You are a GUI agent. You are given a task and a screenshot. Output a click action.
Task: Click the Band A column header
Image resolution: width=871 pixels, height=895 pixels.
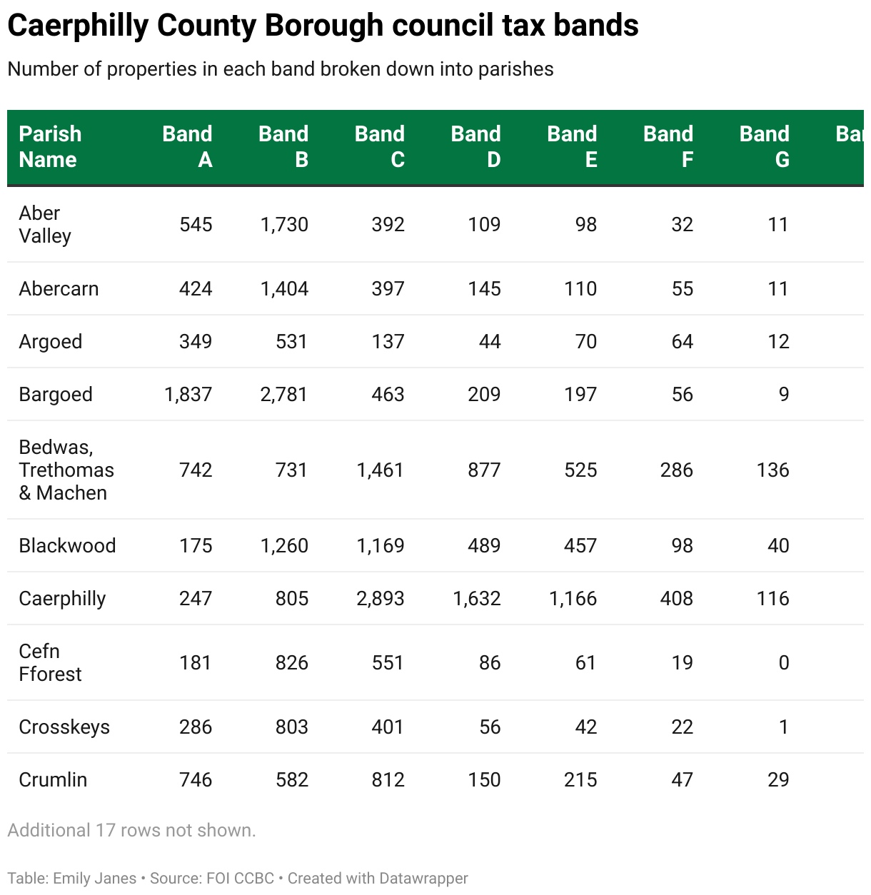tap(187, 146)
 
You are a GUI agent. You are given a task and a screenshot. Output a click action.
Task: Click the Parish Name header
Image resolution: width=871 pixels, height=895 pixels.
tap(50, 146)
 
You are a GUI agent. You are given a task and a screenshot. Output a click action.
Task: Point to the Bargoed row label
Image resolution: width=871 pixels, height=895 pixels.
tap(56, 395)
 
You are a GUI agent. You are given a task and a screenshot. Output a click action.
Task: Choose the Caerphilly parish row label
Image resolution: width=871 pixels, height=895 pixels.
tap(62, 599)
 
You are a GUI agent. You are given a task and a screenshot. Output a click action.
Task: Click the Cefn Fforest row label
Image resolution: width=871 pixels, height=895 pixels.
tap(50, 663)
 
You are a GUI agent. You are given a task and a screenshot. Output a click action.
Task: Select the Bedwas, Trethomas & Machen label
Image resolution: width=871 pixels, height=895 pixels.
tap(66, 470)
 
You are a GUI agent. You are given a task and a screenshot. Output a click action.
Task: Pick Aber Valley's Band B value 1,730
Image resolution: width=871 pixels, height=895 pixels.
tap(284, 225)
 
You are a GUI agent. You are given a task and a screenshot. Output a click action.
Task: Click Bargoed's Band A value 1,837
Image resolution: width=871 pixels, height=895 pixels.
tap(188, 395)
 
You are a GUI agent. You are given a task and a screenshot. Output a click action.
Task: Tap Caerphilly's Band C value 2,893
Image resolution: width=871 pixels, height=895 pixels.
tap(381, 599)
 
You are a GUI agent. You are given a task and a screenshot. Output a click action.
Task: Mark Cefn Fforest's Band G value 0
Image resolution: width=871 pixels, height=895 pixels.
tap(783, 663)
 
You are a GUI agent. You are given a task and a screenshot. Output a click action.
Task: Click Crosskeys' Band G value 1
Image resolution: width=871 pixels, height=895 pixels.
tap(783, 727)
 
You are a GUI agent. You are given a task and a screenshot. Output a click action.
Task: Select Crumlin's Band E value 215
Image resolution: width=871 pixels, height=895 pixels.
tap(580, 780)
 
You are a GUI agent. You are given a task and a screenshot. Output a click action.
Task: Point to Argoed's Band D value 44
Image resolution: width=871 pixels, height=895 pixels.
tap(489, 342)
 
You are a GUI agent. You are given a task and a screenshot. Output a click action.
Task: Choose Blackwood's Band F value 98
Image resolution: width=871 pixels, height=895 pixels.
tap(682, 546)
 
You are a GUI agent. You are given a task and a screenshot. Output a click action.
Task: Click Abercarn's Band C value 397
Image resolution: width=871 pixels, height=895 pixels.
tap(388, 289)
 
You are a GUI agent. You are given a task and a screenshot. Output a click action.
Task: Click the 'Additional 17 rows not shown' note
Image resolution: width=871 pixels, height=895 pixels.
tap(131, 831)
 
